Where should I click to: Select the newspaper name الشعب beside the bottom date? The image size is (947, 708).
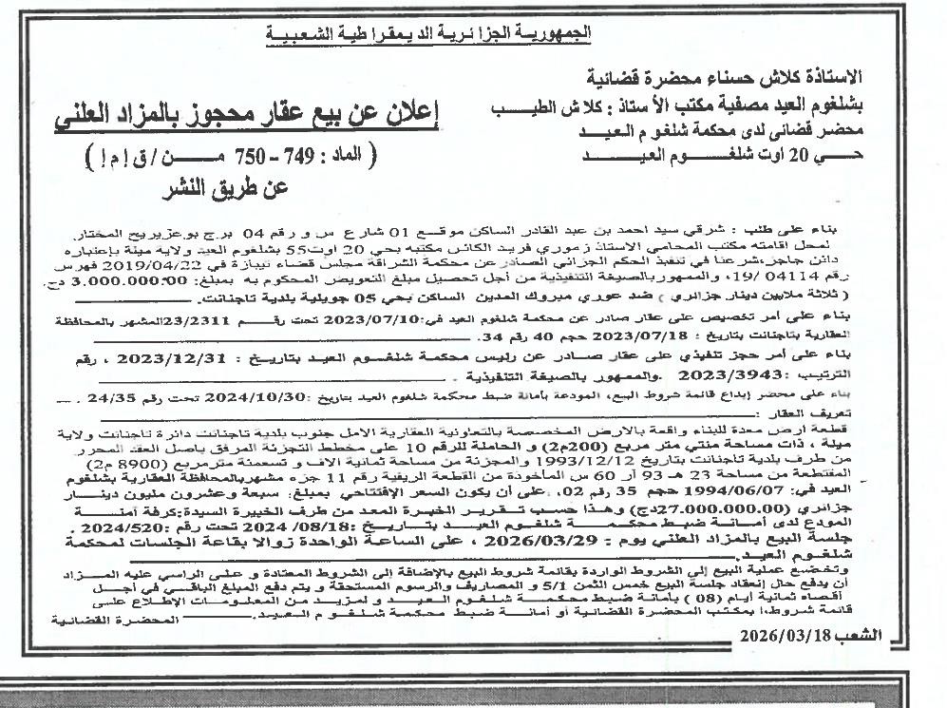click(x=858, y=634)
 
